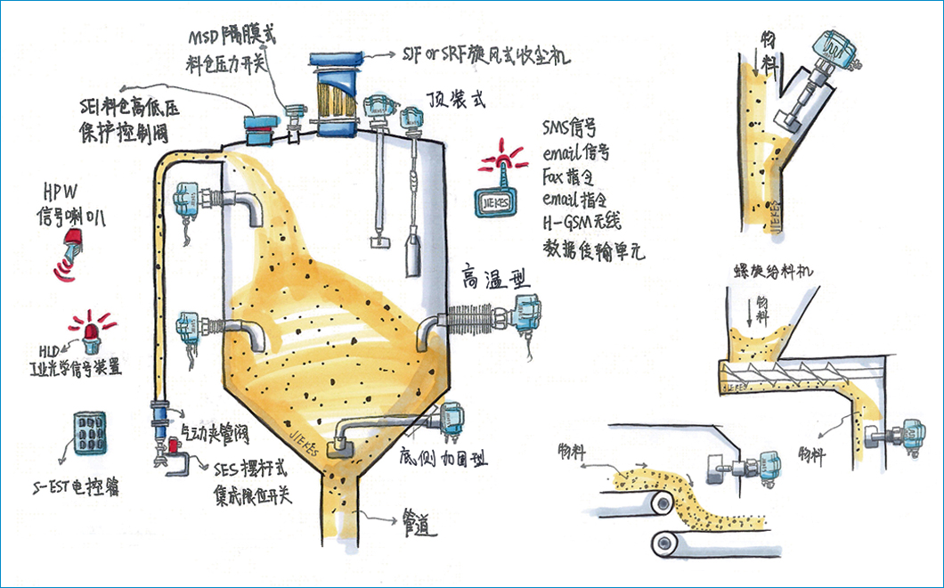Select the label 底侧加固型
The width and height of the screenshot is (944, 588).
click(x=443, y=461)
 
